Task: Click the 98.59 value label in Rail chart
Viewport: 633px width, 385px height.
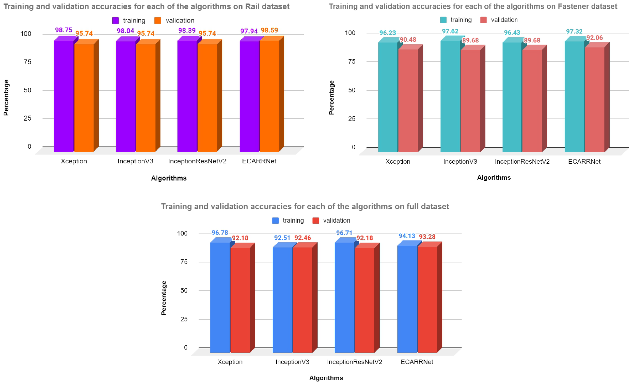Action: click(x=269, y=30)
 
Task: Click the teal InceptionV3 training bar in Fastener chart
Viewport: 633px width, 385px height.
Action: click(x=450, y=96)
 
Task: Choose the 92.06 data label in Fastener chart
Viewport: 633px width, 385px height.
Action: click(x=595, y=38)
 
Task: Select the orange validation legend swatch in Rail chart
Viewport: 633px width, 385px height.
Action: click(x=158, y=20)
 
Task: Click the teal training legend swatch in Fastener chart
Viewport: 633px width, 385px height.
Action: click(x=443, y=20)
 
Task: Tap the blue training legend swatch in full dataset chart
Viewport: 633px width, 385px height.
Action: click(x=275, y=220)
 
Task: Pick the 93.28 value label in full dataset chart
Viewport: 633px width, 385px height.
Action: click(x=427, y=237)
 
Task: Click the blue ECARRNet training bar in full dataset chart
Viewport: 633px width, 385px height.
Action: click(x=407, y=298)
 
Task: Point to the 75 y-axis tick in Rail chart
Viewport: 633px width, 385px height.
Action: click(x=27, y=62)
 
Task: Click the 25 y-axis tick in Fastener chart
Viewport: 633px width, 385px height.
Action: click(x=352, y=119)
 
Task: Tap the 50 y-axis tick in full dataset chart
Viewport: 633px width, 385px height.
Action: click(x=184, y=290)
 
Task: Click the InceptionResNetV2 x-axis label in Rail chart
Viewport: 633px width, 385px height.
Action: click(x=197, y=161)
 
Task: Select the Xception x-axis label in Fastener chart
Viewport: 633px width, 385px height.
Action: click(x=398, y=161)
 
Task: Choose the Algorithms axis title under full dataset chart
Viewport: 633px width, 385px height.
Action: click(x=326, y=378)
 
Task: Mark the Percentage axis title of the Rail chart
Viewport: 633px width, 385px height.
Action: click(x=6, y=97)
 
